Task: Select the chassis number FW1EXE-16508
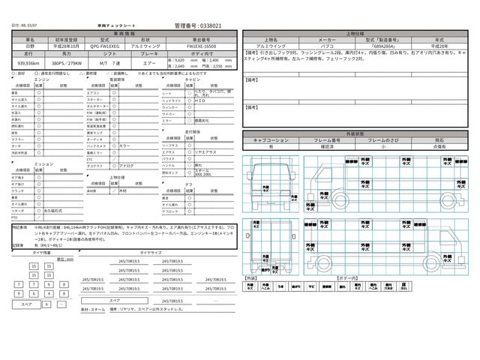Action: (202, 46)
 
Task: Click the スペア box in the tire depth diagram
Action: (27, 304)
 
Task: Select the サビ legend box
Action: (312, 285)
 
